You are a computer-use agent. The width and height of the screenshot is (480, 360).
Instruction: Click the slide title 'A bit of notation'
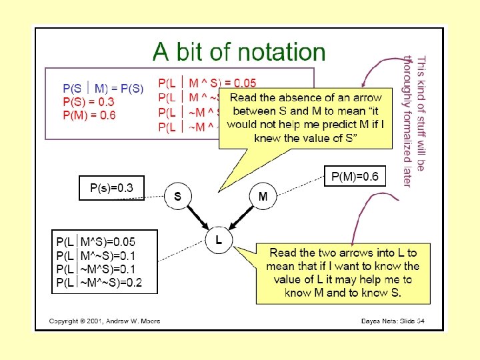coord(239,51)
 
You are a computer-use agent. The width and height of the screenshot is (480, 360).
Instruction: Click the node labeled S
coord(178,197)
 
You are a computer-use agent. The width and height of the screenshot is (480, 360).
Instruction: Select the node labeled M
coord(263,196)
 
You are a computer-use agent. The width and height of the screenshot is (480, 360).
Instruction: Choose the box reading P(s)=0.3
coord(111,188)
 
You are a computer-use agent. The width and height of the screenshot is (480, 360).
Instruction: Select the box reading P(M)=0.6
coord(355,177)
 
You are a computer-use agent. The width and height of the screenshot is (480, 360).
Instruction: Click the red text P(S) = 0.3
coord(89,102)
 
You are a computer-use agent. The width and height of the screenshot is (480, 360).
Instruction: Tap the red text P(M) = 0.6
coord(89,115)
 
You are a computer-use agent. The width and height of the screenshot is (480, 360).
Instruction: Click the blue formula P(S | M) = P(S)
coord(103,89)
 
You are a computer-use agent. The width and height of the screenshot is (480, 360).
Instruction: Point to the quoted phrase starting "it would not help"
coord(305,125)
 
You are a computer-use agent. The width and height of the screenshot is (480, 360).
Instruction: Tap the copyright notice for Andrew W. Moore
coord(105,321)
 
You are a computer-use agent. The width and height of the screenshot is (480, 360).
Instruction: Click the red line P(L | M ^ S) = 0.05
coord(207,83)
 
